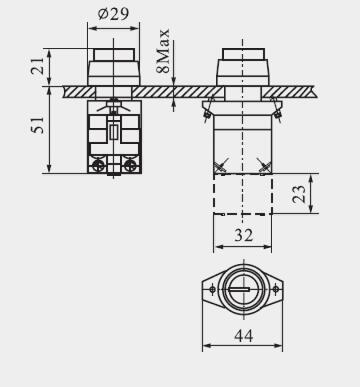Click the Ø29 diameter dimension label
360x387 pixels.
click(x=113, y=14)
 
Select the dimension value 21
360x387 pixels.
click(x=38, y=66)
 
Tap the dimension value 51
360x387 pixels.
click(x=38, y=125)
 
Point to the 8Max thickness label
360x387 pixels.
click(x=163, y=51)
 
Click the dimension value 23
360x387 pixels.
click(x=299, y=194)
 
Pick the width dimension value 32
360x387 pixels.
click(x=244, y=235)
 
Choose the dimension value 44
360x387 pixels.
click(x=244, y=335)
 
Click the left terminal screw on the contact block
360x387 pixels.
click(x=97, y=165)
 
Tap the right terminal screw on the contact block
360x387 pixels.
click(x=130, y=165)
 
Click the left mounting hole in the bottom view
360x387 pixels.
click(x=212, y=289)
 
